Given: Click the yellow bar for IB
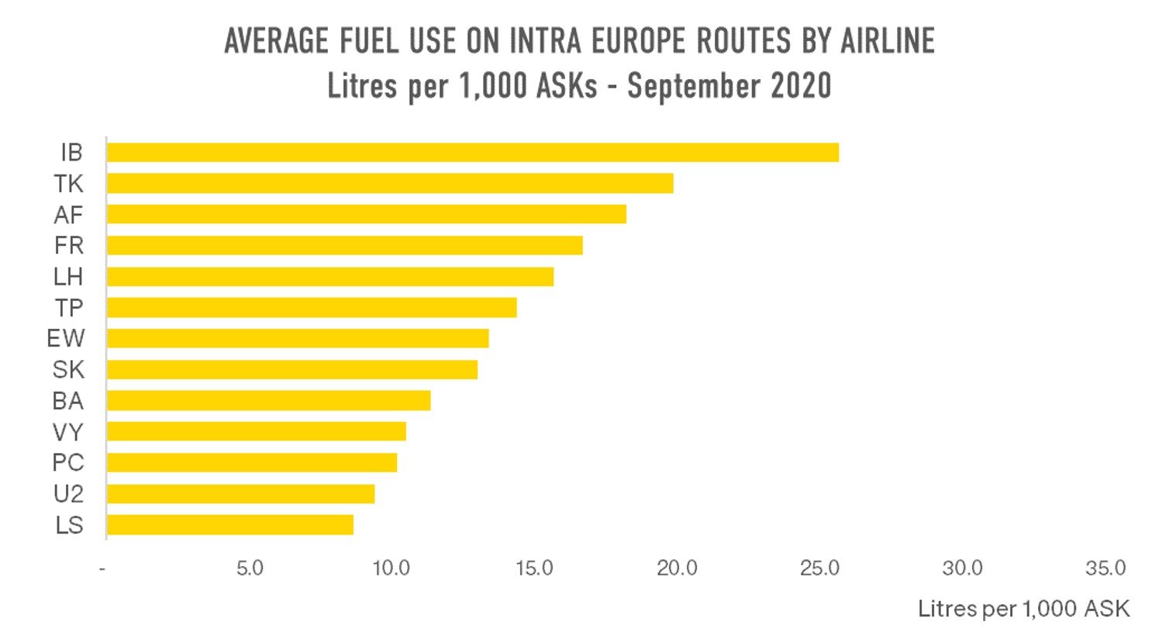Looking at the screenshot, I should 472,152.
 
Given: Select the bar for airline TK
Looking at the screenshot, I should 389,183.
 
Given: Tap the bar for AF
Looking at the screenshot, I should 366,214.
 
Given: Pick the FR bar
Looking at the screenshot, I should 344,245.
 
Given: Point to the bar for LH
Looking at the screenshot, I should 329,276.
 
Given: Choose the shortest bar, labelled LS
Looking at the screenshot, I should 229,525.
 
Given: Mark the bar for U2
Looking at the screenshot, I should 240,494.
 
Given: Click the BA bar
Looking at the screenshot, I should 268,401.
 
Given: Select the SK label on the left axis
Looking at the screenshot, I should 68,370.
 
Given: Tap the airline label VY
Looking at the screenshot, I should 68,432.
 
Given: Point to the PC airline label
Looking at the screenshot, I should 68,463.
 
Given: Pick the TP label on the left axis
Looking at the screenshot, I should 69,308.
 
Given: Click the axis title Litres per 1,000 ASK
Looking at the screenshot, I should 1023,607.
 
